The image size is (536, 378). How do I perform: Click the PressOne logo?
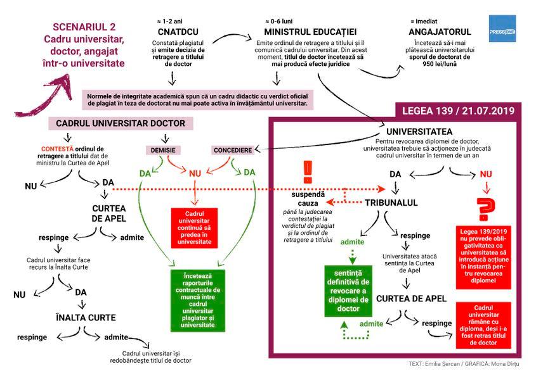[502, 29]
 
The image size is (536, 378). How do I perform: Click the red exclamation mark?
[309, 170]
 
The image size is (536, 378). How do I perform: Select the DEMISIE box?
[163, 150]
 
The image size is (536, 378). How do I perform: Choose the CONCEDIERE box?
[232, 150]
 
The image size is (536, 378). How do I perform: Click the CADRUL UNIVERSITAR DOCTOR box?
[121, 123]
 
